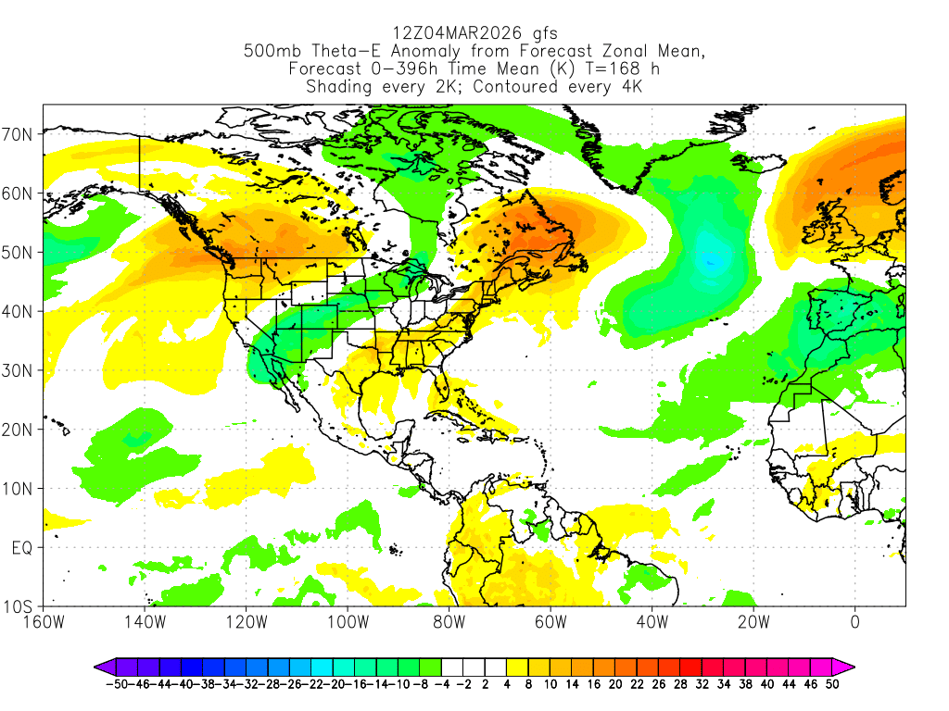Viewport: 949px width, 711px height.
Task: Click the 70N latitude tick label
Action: pos(19,134)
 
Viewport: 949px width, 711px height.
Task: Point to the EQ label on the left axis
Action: pos(22,548)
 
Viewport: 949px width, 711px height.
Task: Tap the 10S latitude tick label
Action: pos(19,607)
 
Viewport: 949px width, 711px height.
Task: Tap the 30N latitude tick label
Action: pos(19,370)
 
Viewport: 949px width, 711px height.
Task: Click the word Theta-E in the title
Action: pos(332,52)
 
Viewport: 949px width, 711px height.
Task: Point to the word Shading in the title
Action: pos(339,87)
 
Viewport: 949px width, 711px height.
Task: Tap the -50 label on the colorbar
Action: pos(117,684)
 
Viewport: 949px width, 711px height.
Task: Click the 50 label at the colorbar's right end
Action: pos(831,684)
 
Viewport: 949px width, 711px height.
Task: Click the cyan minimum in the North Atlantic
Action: pos(712,260)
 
